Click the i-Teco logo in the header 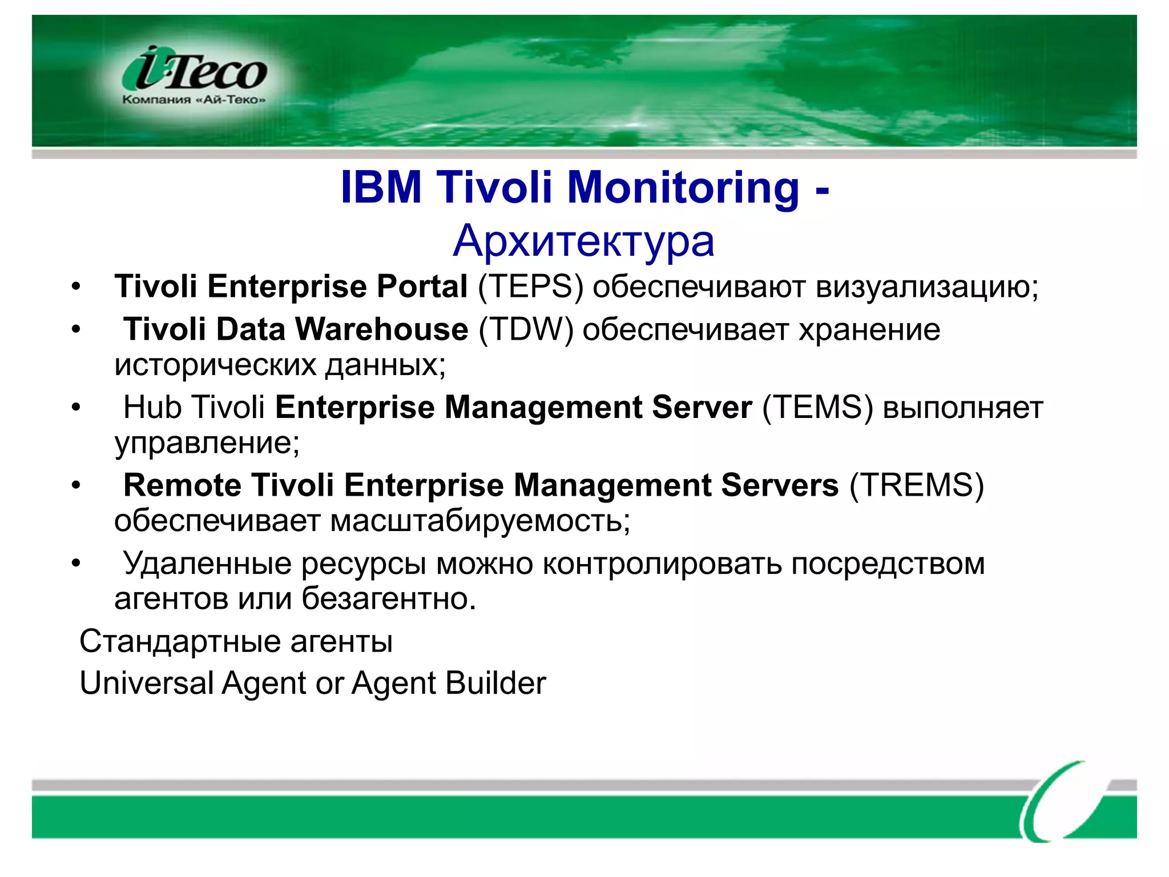click(194, 70)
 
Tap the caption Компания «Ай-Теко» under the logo click(194, 100)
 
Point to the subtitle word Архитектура click(583, 241)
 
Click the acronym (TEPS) click(530, 287)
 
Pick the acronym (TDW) click(526, 330)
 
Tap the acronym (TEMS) click(817, 408)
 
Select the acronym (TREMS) click(917, 486)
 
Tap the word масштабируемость click(480, 521)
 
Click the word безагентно click(388, 599)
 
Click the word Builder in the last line click(496, 683)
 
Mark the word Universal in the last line click(147, 683)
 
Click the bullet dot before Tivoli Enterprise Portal click(76, 287)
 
